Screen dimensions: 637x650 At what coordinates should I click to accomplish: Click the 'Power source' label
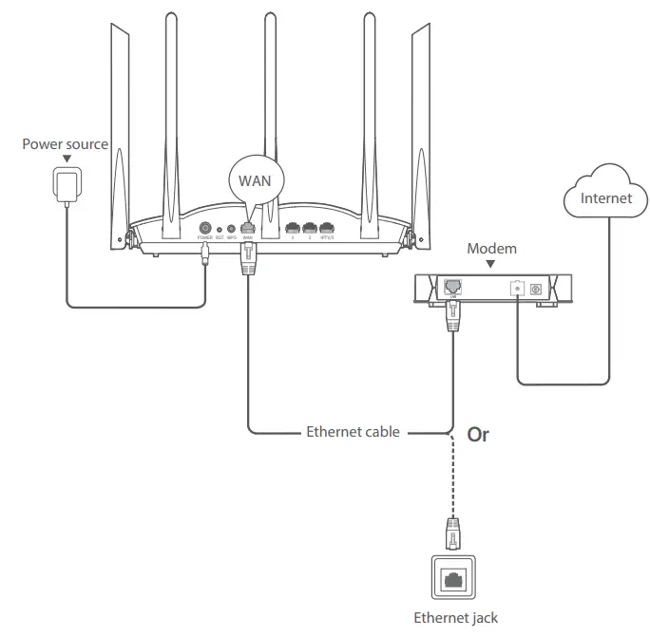tap(66, 144)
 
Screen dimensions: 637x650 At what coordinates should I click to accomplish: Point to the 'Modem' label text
tap(492, 249)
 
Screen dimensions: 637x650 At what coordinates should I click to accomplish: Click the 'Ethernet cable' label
tap(353, 432)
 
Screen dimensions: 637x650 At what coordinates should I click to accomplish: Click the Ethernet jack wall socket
tap(454, 576)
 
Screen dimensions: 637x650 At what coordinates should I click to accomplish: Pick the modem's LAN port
tap(451, 285)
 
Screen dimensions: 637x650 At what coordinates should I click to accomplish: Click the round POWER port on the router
tap(204, 228)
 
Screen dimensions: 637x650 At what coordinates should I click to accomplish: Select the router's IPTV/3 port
tap(328, 228)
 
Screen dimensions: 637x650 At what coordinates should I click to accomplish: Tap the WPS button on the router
tap(231, 229)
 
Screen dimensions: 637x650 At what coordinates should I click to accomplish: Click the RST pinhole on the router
tap(220, 229)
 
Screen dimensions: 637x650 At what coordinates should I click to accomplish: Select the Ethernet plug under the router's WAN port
tap(249, 259)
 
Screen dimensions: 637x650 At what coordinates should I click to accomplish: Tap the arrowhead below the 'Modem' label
tap(492, 263)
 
